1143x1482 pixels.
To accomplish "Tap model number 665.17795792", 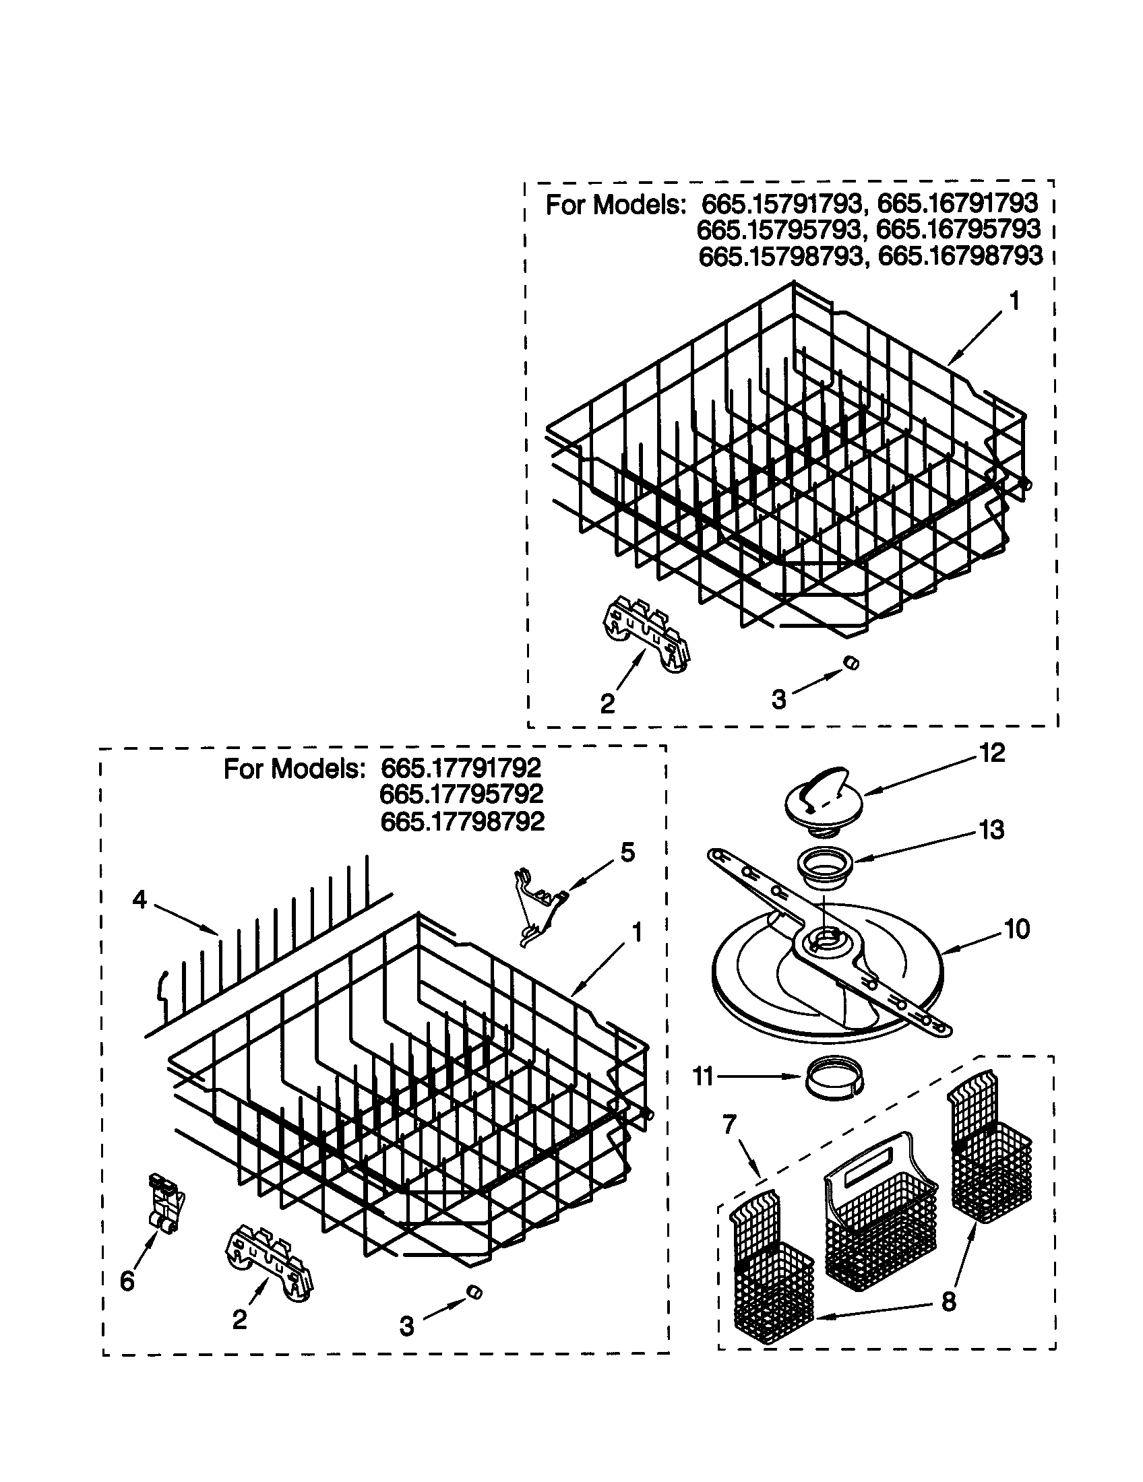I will tap(462, 794).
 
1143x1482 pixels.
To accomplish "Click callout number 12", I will tap(991, 752).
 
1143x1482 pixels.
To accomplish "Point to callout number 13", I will tap(991, 829).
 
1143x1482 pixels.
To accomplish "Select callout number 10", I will tap(1016, 929).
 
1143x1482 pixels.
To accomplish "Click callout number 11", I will tap(702, 1077).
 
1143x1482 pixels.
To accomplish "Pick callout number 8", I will tap(948, 1302).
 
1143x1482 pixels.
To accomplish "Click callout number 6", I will tap(127, 1281).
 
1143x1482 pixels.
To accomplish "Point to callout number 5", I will tap(627, 852).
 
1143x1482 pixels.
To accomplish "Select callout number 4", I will tap(139, 900).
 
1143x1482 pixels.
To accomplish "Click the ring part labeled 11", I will tap(834, 1077).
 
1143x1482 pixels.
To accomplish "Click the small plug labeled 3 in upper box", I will tap(851, 663).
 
